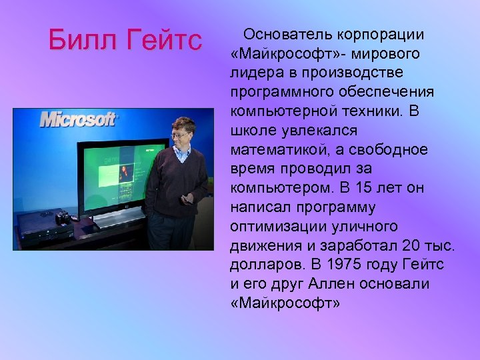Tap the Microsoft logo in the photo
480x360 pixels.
click(78, 119)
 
